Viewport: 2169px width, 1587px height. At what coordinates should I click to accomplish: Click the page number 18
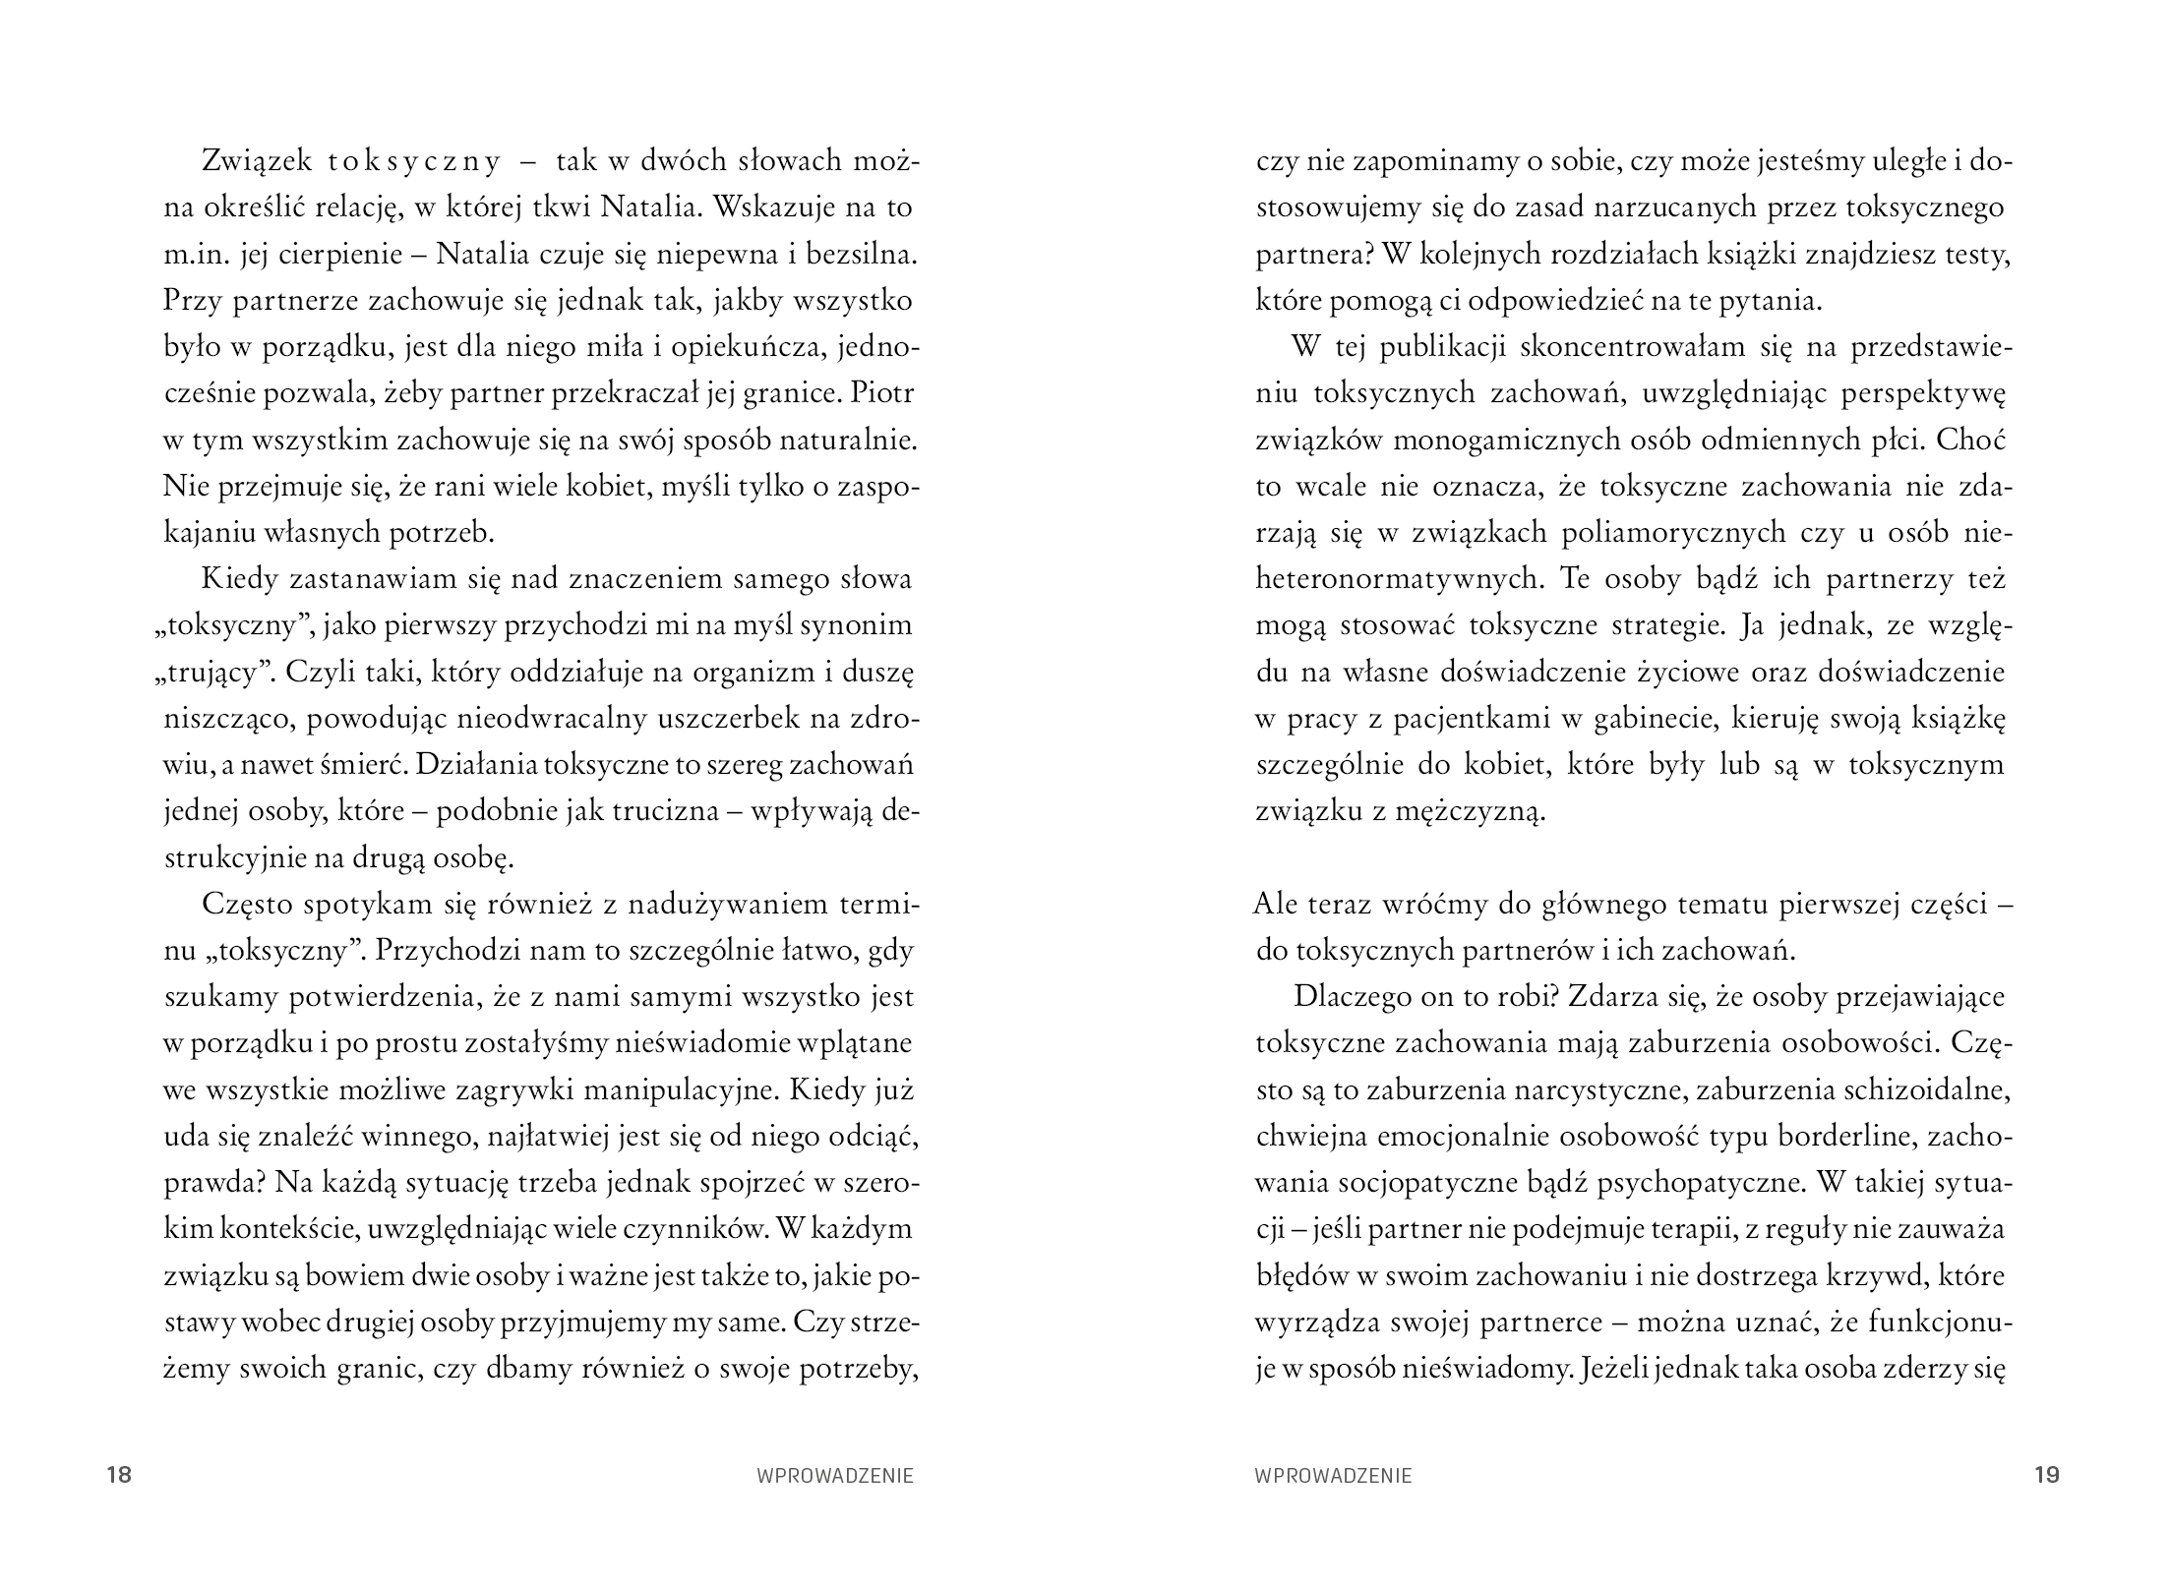[119, 1475]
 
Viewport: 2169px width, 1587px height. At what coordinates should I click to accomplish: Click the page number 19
[2046, 1475]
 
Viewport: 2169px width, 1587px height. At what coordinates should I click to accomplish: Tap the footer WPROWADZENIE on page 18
[835, 1476]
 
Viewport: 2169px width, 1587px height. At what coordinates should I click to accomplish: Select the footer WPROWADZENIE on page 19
[1333, 1476]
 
